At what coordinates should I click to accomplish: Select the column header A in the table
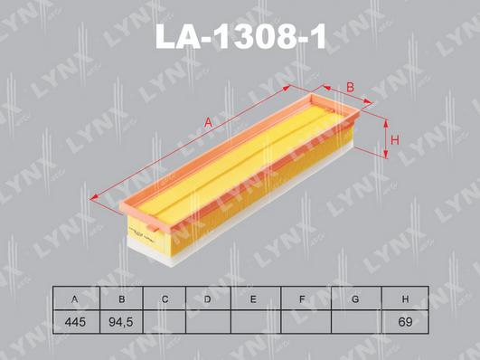click(x=72, y=299)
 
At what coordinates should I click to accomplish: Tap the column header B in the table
click(x=118, y=299)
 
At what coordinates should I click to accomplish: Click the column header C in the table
click(x=165, y=299)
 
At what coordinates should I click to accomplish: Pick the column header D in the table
click(x=208, y=299)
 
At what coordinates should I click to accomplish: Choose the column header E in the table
click(x=254, y=299)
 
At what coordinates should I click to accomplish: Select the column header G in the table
click(x=355, y=299)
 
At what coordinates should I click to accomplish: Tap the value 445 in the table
click(x=72, y=321)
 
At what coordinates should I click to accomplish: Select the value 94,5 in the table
click(x=118, y=321)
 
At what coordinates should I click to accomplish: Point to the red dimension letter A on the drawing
click(x=210, y=122)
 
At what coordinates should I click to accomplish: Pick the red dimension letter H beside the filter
click(x=395, y=139)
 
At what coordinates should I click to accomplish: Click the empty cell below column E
click(x=254, y=321)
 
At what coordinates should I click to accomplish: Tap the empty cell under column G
click(x=355, y=321)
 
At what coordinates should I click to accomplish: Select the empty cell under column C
click(x=165, y=321)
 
